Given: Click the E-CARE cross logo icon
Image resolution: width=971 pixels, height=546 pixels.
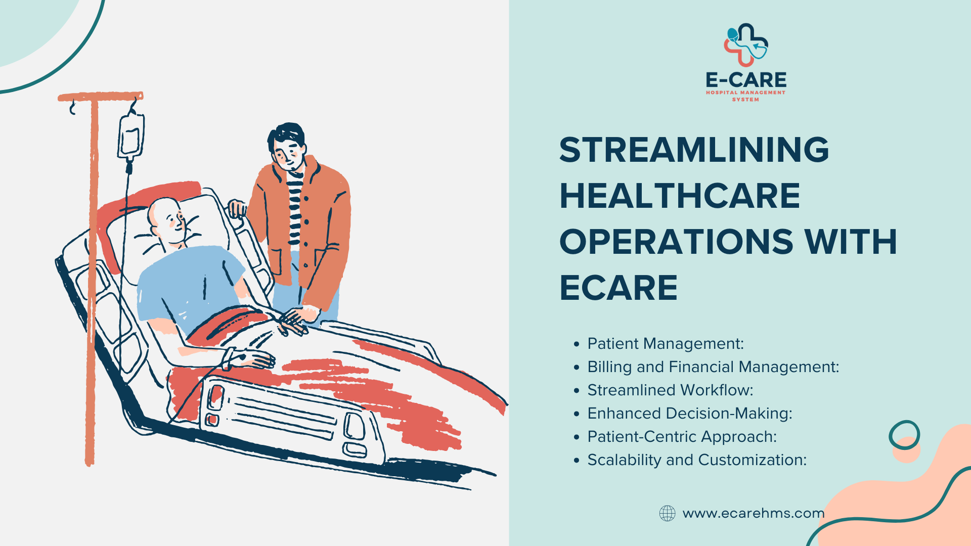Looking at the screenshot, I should coord(746,45).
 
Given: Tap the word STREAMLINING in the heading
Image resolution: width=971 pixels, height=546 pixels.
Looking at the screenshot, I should coord(694,150).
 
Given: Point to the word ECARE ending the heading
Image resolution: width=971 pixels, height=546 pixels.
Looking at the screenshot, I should coord(618,288).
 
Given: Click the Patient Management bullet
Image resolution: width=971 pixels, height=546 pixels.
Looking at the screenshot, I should coord(665,344).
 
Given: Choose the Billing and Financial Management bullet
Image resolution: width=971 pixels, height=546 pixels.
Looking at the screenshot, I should coord(713,367).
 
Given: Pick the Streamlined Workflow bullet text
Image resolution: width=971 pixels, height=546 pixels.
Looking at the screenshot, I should coord(670,390).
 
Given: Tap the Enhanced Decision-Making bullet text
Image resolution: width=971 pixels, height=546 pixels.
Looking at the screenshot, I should coord(689,414).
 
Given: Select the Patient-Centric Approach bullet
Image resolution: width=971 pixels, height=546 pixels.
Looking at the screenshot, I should coord(682,437).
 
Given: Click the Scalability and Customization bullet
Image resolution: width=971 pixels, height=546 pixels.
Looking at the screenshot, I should coord(696,460).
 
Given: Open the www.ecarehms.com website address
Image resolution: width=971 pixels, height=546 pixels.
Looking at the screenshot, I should coord(753,513).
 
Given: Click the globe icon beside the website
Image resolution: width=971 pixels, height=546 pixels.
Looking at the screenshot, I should coord(667,513).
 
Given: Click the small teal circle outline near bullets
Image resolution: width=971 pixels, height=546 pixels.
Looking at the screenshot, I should coord(904,435).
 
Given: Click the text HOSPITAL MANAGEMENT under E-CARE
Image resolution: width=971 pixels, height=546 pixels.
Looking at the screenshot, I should coord(745,93).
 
